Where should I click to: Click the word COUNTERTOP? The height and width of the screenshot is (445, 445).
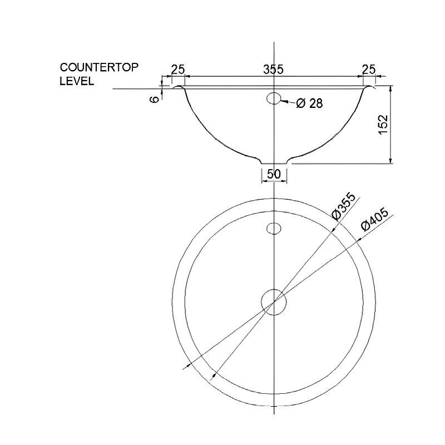(99, 67)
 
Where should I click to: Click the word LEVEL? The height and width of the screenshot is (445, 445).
(77, 81)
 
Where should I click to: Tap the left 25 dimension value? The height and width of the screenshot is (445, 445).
(178, 69)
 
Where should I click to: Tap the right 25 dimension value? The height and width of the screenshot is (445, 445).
(369, 69)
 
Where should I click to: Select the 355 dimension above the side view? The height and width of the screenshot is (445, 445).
(273, 69)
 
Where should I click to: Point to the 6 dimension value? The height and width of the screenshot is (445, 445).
(155, 100)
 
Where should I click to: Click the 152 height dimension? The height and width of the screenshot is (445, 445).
(383, 125)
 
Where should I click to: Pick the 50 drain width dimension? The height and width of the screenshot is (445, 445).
(274, 174)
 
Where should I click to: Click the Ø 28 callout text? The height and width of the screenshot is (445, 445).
(309, 103)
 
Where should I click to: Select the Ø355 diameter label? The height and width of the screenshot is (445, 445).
(344, 206)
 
